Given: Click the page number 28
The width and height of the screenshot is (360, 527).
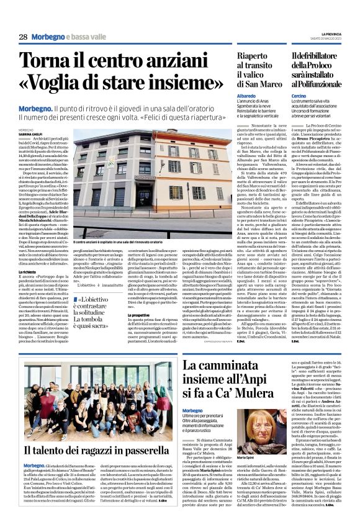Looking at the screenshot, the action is tap(22, 37).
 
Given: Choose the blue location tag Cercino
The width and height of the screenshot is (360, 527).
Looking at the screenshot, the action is tap(299, 97).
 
